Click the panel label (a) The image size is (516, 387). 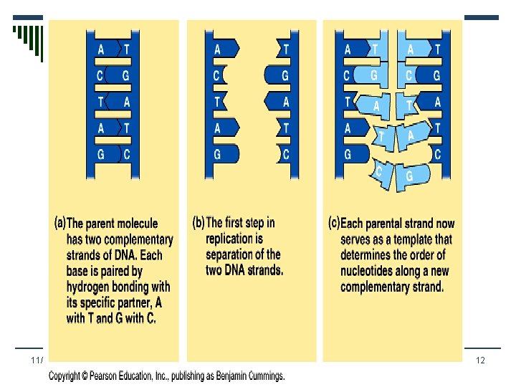(x=60, y=221)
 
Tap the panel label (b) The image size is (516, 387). (x=199, y=222)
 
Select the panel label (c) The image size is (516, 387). (x=334, y=222)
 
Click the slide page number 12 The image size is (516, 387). (x=482, y=360)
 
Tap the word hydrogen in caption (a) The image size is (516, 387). (x=92, y=287)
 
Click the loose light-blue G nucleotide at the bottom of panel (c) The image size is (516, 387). (x=408, y=175)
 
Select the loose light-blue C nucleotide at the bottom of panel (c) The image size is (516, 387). (x=378, y=171)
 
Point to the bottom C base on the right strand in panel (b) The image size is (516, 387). (x=285, y=153)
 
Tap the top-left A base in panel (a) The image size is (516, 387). (x=101, y=49)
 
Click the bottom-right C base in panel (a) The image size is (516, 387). (x=126, y=153)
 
